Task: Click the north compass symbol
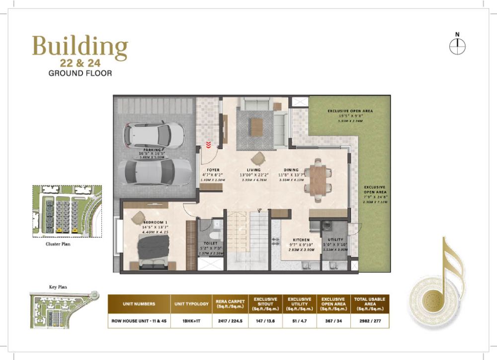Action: pyautogui.click(x=457, y=46)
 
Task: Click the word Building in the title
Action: pyautogui.click(x=80, y=47)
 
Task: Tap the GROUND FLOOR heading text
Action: pyautogui.click(x=80, y=73)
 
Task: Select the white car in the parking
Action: pyautogui.click(x=154, y=134)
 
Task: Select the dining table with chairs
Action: pyautogui.click(x=318, y=180)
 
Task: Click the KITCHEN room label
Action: pyautogui.click(x=301, y=240)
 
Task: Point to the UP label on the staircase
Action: pyautogui.click(x=259, y=210)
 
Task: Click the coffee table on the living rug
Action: pyautogui.click(x=256, y=126)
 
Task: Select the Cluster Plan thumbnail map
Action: pyautogui.click(x=67, y=210)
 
